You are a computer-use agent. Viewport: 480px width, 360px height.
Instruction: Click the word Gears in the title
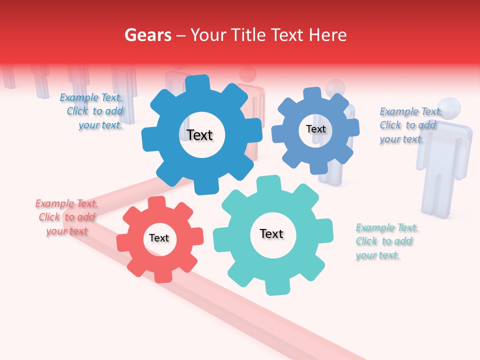[147, 35]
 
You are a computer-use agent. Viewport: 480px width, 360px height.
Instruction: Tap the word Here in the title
[327, 35]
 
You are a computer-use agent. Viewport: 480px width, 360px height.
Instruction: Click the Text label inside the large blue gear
[199, 135]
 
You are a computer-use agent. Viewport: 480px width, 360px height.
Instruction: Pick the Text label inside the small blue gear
[315, 129]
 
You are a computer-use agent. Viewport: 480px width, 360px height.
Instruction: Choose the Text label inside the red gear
[159, 238]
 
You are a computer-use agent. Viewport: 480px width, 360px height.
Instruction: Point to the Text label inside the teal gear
[271, 234]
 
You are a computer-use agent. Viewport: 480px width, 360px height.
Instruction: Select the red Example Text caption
[66, 217]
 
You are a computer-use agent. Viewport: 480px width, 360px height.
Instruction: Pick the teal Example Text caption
[386, 241]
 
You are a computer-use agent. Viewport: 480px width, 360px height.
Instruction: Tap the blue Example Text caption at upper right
[410, 125]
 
